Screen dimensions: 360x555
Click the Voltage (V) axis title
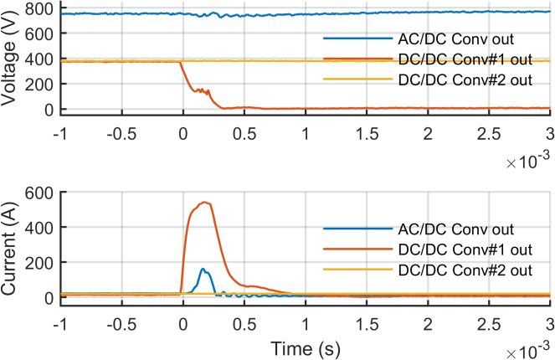coord(11,58)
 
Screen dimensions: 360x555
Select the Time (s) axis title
coord(306,346)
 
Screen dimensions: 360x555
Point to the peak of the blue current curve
coord(203,269)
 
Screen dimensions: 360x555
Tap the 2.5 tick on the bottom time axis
coord(489,323)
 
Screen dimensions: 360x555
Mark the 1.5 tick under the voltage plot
coord(366,134)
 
